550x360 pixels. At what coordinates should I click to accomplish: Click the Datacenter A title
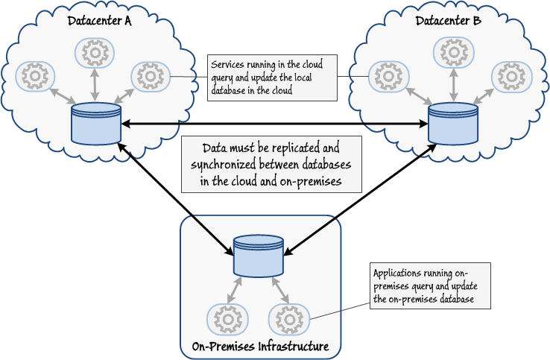(99, 21)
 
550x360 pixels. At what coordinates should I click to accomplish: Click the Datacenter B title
(449, 21)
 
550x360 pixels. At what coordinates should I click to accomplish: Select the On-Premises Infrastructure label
(259, 347)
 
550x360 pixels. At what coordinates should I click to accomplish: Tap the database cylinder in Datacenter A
(96, 124)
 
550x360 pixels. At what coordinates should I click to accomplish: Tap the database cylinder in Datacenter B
(452, 124)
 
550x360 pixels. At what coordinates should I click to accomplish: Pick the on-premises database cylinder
(258, 256)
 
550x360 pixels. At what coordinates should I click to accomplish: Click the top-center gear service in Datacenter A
(95, 52)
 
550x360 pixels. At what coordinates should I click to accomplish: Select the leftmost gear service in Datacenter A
(35, 76)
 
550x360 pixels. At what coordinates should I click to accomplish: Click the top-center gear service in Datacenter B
(452, 52)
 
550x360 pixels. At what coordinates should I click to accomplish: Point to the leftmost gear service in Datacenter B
(388, 76)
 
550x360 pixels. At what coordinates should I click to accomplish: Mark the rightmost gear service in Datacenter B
(511, 76)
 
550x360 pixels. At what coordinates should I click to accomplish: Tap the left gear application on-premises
(226, 319)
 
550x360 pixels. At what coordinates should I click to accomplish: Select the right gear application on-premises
(287, 319)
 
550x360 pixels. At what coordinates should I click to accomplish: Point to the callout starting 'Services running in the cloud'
(271, 77)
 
